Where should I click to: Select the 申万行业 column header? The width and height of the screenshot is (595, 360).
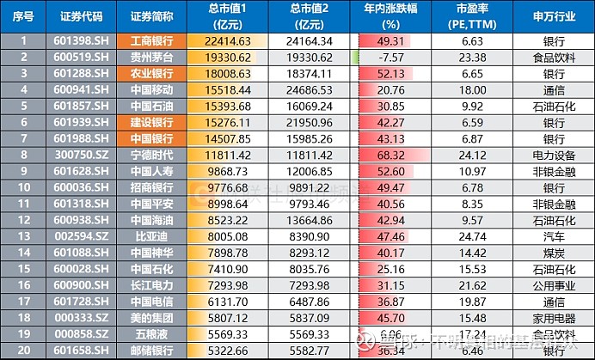coord(554,16)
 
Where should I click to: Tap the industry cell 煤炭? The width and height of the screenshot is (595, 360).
coord(554,253)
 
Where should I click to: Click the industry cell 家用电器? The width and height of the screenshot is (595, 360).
coord(554,318)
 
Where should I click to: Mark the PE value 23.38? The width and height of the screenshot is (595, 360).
coord(475,56)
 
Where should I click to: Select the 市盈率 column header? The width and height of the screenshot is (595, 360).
coord(475,16)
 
